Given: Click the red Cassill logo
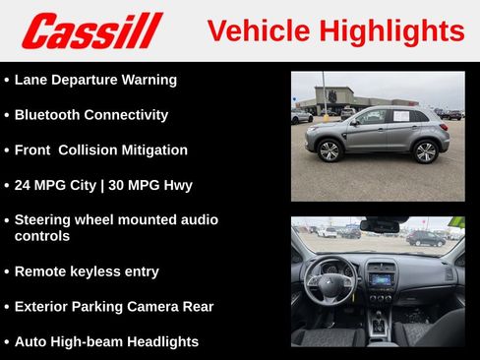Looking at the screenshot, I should point(91,30).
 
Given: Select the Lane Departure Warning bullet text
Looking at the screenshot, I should point(95,80).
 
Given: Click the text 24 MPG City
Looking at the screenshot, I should point(55,185).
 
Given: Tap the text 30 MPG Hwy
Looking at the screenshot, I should point(151,185).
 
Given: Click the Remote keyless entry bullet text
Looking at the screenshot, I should point(87,271).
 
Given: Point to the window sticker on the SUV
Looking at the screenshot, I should point(402,117).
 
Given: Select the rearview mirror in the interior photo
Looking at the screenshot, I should point(380,225).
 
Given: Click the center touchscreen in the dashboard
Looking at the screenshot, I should point(381,278).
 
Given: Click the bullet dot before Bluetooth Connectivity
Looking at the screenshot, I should point(7,115).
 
